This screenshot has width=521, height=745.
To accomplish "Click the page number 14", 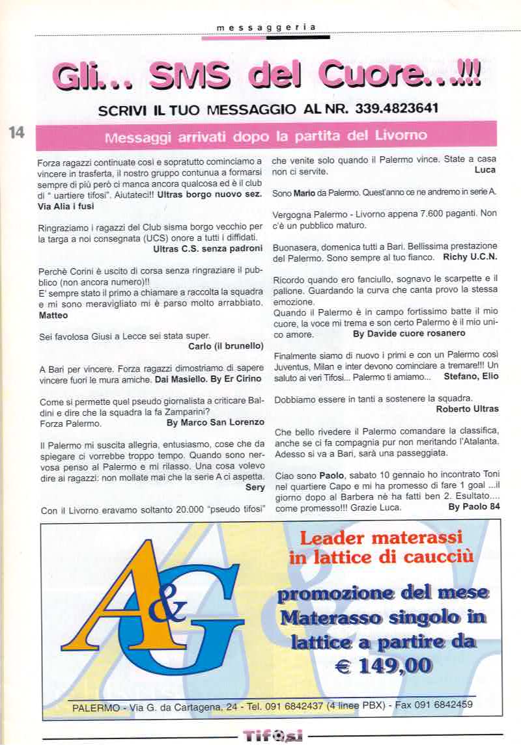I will (16, 131).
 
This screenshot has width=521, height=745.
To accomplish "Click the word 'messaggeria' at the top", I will (266, 27).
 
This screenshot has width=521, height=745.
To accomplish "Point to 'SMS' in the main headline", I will (190, 76).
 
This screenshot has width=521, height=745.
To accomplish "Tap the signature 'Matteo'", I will (53, 315).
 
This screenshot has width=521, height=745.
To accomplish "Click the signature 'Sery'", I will (255, 487).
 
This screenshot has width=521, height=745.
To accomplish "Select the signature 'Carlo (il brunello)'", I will (225, 345).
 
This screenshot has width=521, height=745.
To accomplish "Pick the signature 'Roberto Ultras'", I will (467, 409).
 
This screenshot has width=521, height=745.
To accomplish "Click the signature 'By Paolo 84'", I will (474, 507).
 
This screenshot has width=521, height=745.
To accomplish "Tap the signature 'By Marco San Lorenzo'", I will (216, 422).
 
